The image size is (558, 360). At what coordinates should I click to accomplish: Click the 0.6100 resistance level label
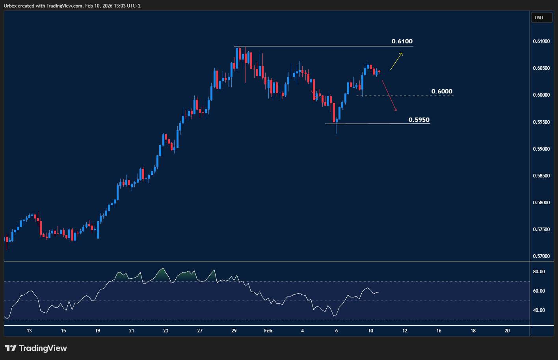(x=402, y=41)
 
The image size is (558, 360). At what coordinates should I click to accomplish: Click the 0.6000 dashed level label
(x=442, y=91)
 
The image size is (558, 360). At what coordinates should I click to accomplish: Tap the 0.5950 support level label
(x=419, y=120)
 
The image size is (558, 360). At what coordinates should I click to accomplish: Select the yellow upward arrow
(x=396, y=61)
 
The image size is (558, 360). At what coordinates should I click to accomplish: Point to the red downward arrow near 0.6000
(x=389, y=95)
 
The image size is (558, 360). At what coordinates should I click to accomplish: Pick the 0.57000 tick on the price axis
(x=541, y=256)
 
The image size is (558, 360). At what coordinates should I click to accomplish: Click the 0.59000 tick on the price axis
(x=541, y=149)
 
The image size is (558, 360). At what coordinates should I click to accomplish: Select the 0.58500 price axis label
(x=541, y=176)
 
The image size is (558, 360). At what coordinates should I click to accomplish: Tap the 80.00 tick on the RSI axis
(x=539, y=272)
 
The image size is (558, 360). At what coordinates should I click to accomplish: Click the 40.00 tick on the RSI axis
(x=539, y=310)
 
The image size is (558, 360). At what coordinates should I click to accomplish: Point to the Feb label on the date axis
(x=268, y=331)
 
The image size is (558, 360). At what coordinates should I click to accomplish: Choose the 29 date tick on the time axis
(x=234, y=331)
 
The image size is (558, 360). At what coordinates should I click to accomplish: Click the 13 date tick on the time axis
(x=29, y=331)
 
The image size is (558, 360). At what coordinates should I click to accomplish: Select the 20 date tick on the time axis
(x=507, y=331)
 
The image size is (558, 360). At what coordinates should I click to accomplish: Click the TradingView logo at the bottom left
(x=35, y=348)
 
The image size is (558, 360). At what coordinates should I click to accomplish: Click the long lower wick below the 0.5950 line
(x=337, y=129)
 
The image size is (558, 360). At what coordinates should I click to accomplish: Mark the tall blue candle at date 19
(x=98, y=230)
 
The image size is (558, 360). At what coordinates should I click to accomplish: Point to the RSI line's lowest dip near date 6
(x=334, y=316)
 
